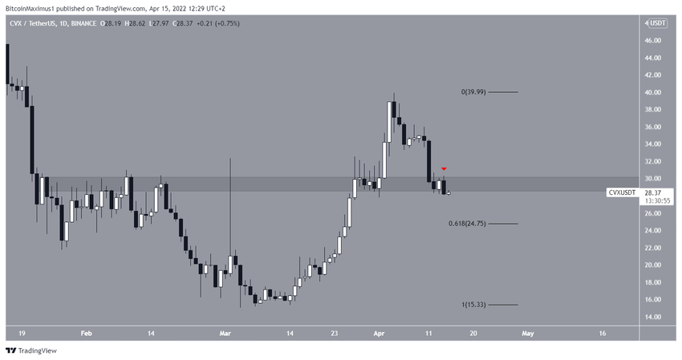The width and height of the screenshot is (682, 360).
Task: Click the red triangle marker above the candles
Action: point(444,169)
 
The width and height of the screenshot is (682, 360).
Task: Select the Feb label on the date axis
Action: point(87,333)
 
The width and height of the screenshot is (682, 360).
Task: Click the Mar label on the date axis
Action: point(225,333)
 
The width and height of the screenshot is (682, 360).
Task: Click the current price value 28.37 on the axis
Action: point(653,193)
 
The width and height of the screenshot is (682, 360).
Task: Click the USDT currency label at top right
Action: point(658,23)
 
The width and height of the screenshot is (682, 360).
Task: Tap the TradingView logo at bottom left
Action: point(26,350)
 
